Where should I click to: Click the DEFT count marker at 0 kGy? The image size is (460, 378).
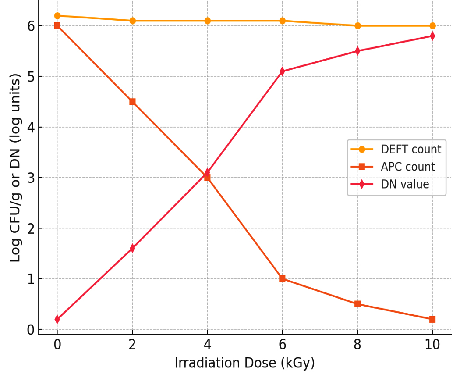[57, 16]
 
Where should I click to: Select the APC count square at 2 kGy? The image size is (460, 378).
[132, 102]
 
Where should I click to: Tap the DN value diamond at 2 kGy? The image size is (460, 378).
[132, 248]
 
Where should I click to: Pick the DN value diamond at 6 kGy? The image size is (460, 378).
[283, 71]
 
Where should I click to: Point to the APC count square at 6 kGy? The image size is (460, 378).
[283, 279]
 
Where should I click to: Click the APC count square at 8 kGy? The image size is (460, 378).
[357, 304]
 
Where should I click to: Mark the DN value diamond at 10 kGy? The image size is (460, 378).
[432, 36]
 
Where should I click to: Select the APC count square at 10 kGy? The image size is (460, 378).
[432, 319]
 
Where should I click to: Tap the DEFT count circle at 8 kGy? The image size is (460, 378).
[357, 26]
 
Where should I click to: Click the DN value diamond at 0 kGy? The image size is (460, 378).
[57, 319]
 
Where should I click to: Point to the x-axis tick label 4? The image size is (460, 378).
[207, 345]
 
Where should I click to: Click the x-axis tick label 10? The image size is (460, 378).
[432, 345]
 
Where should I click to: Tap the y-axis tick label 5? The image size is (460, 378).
[31, 77]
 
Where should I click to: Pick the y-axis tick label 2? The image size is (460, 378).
[31, 228]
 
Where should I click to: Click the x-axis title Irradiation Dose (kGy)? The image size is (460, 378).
[244, 364]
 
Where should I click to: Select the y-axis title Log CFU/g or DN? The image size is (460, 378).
[16, 168]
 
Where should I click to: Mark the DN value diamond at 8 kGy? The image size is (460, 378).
[357, 51]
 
